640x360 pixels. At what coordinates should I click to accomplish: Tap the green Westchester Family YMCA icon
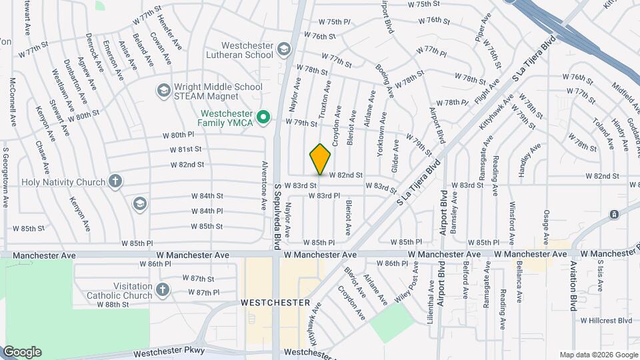(263, 118)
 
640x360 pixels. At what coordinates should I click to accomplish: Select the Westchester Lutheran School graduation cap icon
(285, 49)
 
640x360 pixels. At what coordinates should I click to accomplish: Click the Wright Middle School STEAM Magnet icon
(163, 90)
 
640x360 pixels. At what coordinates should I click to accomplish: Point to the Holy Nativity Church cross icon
(115, 181)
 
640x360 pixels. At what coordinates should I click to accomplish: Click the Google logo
(22, 352)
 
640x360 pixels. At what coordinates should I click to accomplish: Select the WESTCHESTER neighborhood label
(275, 303)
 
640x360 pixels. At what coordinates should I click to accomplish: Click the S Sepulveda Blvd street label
(278, 216)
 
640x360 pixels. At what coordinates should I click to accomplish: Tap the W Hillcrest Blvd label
(606, 320)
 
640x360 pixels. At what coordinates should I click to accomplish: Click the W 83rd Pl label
(324, 196)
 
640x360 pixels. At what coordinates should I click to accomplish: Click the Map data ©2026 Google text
(598, 355)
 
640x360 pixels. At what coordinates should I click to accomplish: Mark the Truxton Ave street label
(326, 100)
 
